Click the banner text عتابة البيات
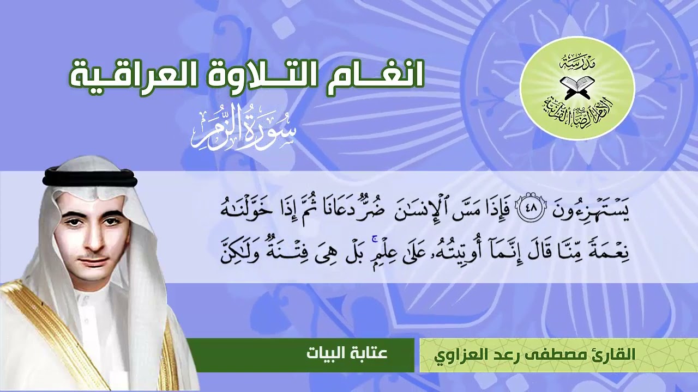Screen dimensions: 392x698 click(x=347, y=353)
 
